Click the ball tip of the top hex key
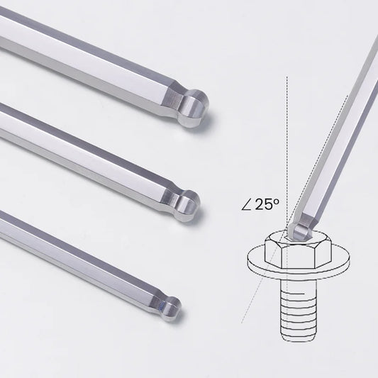[x=194, y=108]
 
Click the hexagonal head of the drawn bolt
[x=299, y=252]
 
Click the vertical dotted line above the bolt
[x=287, y=150]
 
